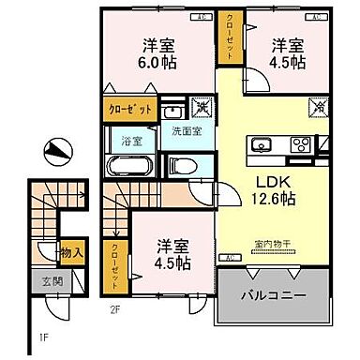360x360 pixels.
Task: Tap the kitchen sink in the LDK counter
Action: (261, 144)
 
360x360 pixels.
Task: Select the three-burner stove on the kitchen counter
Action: (300, 144)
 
